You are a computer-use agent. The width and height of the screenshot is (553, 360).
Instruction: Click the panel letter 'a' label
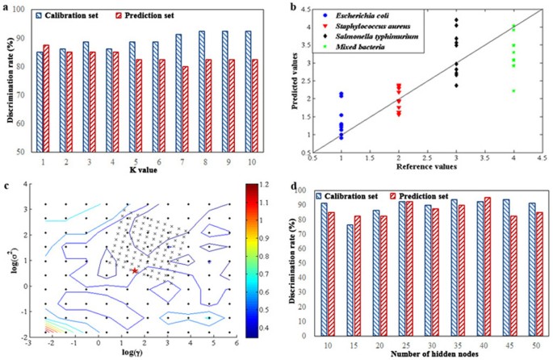tap(6, 7)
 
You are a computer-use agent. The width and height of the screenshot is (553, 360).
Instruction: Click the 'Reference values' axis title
tap(423, 165)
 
